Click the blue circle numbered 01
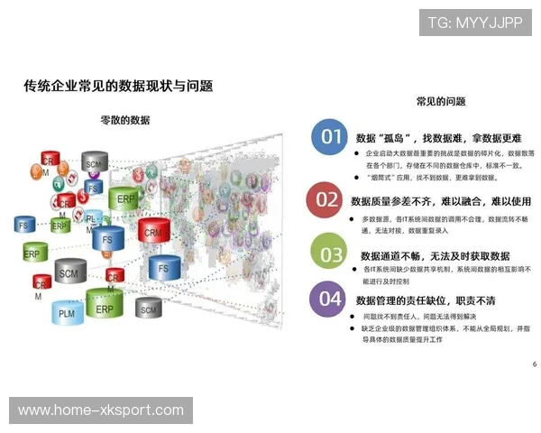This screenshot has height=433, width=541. click(x=332, y=137)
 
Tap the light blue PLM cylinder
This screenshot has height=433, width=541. click(x=66, y=312)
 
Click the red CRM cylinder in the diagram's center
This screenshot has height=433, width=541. click(x=154, y=231)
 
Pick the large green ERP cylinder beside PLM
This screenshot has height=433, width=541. click(x=105, y=307)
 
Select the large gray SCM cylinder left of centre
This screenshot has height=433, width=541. click(x=68, y=271)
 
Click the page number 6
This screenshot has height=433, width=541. click(x=534, y=364)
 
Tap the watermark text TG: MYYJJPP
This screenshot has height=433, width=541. click(x=475, y=23)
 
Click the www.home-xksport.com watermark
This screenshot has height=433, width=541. click(x=101, y=410)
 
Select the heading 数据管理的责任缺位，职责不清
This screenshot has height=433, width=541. click(x=426, y=299)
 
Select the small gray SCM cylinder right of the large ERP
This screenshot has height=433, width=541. click(x=149, y=307)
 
